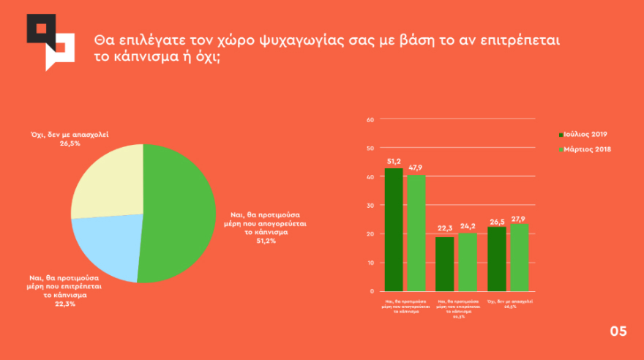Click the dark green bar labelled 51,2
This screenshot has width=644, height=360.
(x=394, y=230)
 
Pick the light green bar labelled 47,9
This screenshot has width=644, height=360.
(x=416, y=233)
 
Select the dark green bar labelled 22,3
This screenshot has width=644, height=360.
(x=444, y=263)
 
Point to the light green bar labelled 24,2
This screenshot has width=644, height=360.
(x=467, y=261)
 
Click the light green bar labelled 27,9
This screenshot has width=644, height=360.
(x=519, y=257)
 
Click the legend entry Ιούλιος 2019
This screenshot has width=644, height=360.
(x=583, y=135)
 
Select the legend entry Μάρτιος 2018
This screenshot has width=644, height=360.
(x=583, y=150)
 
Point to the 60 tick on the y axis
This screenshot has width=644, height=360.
(x=370, y=119)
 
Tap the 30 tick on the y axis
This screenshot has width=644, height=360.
(x=370, y=205)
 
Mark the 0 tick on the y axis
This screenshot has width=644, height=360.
(x=372, y=291)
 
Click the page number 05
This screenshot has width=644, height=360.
(x=618, y=332)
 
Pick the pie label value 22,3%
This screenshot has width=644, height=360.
(x=63, y=304)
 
